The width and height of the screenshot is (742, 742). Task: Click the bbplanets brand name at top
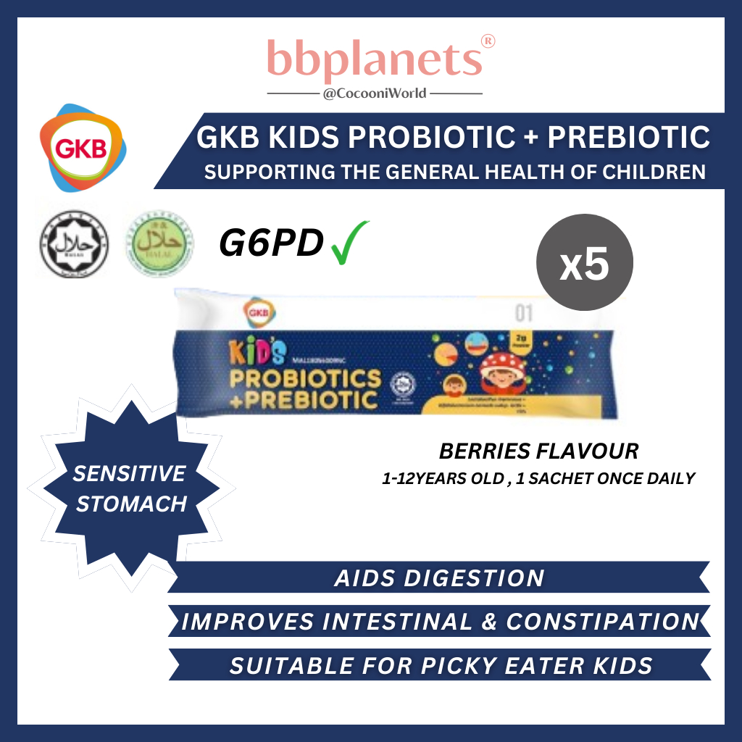(x=374, y=59)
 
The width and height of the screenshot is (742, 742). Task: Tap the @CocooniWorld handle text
(x=375, y=93)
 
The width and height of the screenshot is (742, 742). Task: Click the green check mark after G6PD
(x=350, y=243)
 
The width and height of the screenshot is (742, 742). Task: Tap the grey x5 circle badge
(x=584, y=262)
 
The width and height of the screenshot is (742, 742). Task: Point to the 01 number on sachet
(x=523, y=314)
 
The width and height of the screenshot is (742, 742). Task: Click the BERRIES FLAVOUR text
(x=538, y=451)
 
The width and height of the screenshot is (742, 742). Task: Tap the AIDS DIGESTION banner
(x=439, y=578)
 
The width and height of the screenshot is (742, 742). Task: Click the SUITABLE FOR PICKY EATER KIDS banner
(x=441, y=665)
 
